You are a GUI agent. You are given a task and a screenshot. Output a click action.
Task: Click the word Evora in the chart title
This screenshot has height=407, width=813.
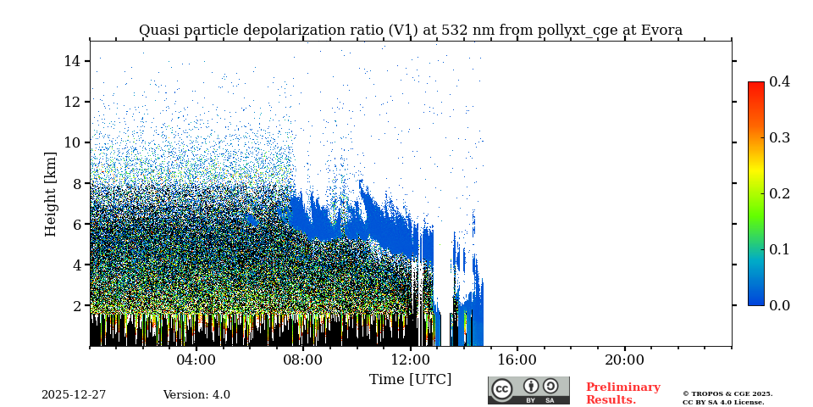pyautogui.click(x=662, y=31)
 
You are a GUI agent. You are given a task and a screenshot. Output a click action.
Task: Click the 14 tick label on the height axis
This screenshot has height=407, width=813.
pyautogui.click(x=71, y=61)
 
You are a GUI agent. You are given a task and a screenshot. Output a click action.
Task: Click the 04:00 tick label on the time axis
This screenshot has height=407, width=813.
pyautogui.click(x=196, y=360)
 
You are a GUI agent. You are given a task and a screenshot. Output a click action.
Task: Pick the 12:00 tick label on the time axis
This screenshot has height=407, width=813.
pyautogui.click(x=411, y=360)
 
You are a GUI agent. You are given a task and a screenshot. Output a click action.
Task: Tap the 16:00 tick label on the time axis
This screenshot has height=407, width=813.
pyautogui.click(x=517, y=360)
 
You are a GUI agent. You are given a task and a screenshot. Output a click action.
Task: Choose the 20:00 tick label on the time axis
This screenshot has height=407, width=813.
pyautogui.click(x=624, y=360)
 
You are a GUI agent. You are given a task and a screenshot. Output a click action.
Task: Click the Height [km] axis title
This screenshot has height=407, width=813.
pyautogui.click(x=51, y=193)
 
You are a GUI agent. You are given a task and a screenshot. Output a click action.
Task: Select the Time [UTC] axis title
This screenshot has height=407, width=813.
pyautogui.click(x=410, y=380)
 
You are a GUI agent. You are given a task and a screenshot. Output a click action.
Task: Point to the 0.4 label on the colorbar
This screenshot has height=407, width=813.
pyautogui.click(x=779, y=81)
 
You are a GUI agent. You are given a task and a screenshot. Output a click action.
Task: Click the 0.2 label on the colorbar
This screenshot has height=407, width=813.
pyautogui.click(x=779, y=193)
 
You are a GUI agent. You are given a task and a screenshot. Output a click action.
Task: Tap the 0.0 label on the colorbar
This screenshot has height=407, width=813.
pyautogui.click(x=779, y=305)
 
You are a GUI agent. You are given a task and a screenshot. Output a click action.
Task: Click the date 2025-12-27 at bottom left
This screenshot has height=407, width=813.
pyautogui.click(x=74, y=395)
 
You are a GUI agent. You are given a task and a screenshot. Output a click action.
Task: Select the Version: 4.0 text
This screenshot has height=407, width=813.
pyautogui.click(x=196, y=395)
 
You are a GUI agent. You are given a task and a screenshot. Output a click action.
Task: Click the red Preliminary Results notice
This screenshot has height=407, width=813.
pyautogui.click(x=622, y=393)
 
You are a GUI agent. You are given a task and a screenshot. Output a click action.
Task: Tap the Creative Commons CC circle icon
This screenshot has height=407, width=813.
pyautogui.click(x=502, y=389)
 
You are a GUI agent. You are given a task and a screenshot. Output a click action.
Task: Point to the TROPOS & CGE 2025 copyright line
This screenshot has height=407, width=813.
pyautogui.click(x=727, y=393)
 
